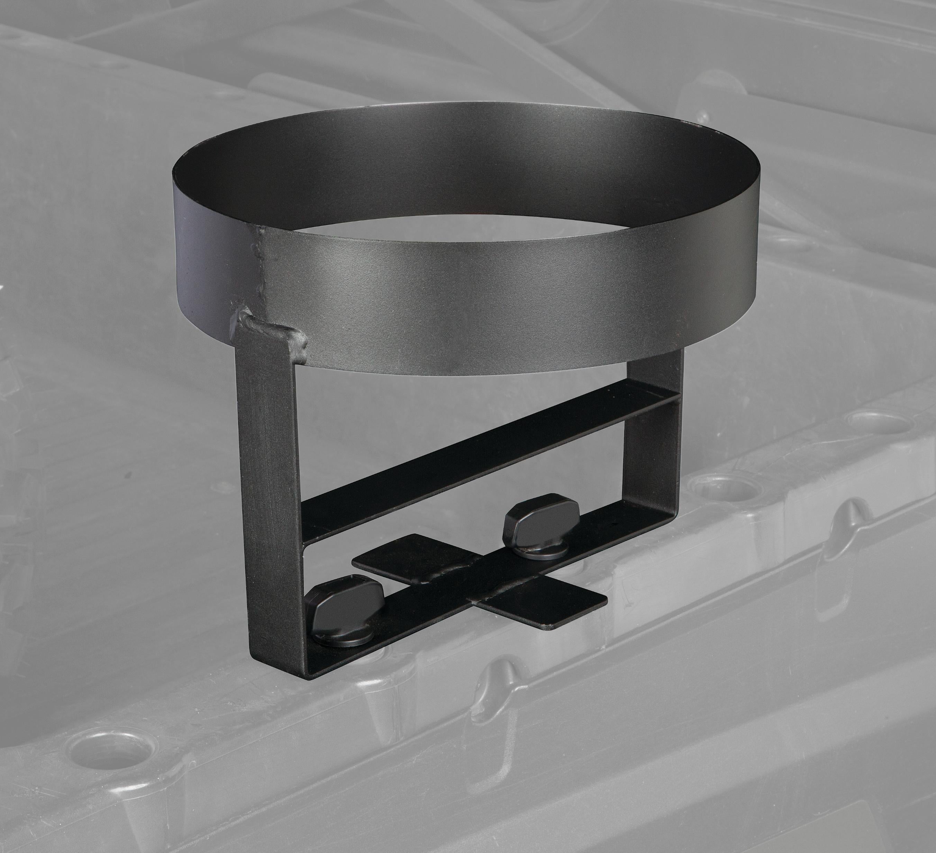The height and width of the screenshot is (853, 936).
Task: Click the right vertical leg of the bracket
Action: pos(656,455)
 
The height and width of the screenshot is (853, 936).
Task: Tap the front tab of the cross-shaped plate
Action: pos(548,608)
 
